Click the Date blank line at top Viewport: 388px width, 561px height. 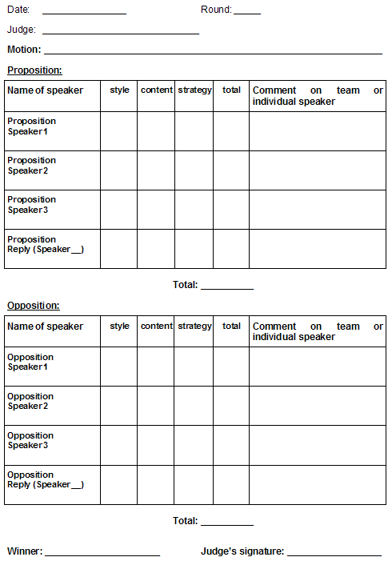(x=84, y=12)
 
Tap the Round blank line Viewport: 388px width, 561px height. (x=247, y=12)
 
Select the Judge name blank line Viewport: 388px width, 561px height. (x=120, y=32)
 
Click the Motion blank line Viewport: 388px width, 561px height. (x=214, y=51)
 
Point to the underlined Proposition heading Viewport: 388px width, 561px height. (x=34, y=70)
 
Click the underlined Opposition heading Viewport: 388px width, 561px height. (x=34, y=306)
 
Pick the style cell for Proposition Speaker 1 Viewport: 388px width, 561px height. (x=118, y=131)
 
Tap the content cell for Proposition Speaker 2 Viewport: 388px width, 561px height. (x=156, y=170)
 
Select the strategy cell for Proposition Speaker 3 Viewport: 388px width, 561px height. (x=194, y=210)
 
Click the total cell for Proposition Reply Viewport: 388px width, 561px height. (x=231, y=249)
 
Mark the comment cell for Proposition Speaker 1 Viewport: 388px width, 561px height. (x=317, y=131)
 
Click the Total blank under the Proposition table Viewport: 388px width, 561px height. (x=226, y=286)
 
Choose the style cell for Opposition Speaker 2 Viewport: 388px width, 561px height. (x=118, y=406)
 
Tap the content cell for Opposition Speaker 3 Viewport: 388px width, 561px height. (x=156, y=445)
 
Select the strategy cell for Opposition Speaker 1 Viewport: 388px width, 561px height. (x=194, y=367)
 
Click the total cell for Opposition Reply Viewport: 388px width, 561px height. (x=231, y=485)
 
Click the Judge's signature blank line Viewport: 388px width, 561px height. (x=334, y=553)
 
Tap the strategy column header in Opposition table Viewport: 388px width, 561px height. (x=194, y=327)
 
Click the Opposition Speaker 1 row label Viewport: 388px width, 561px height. (x=30, y=362)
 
